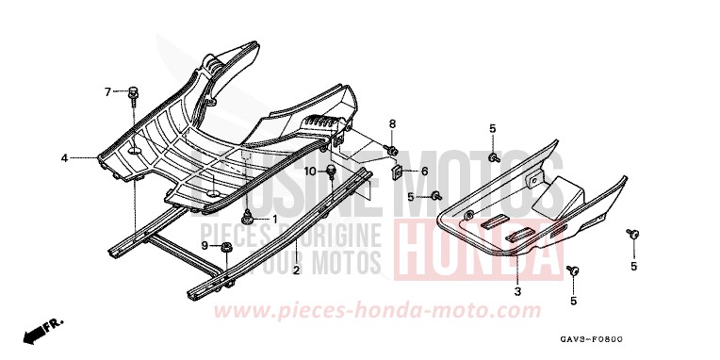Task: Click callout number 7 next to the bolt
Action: pos(107,91)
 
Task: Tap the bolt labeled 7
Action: pos(132,92)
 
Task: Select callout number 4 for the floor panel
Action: pos(64,158)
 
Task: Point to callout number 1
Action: pos(275,219)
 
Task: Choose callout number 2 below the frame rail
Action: pos(295,270)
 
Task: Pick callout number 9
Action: pos(204,245)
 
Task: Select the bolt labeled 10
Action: pos(332,172)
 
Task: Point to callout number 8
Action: pos(393,123)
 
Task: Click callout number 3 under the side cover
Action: pos(516,292)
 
